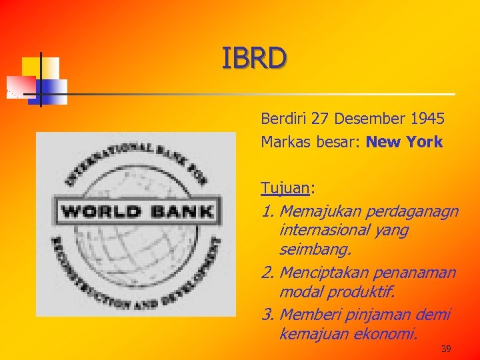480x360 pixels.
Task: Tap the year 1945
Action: [x=427, y=119]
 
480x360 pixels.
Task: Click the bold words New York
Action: [x=404, y=142]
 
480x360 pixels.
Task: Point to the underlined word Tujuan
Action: [x=285, y=188]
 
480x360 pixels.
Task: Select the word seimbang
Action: [x=315, y=251]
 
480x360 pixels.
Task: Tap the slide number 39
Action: [x=446, y=348]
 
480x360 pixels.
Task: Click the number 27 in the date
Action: [x=320, y=119]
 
